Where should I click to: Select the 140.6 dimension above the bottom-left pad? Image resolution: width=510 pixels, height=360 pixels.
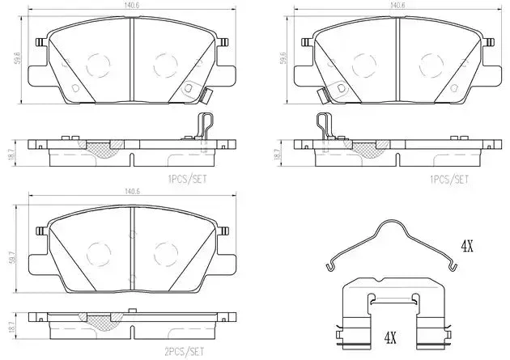132,192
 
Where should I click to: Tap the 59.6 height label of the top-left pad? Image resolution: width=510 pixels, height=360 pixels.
18,57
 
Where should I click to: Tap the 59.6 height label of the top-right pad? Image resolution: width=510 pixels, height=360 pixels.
284,57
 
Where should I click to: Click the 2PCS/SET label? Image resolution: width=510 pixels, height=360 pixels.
184,351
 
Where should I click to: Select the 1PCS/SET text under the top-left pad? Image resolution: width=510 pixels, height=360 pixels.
187,179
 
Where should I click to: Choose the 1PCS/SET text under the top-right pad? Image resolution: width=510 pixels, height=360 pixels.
449,179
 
